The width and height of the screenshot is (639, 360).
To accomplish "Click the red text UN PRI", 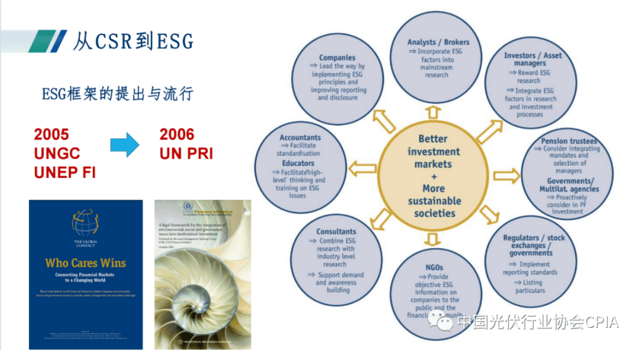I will [186, 154].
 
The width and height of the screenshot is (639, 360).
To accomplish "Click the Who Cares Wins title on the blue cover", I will [85, 263].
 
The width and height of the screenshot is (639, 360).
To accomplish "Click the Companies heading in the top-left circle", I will [337, 57].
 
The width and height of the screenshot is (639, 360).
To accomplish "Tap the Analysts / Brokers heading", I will [438, 42].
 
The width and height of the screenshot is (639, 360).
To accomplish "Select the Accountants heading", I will [300, 138].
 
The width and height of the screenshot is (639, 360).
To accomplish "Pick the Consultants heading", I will [336, 232].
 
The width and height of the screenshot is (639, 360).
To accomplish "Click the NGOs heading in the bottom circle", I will [434, 267].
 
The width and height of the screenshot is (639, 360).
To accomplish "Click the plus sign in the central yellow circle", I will [434, 176].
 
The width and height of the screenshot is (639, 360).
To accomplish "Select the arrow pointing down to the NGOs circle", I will [434, 240].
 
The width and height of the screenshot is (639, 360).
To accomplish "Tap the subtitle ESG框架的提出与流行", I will [117, 94].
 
